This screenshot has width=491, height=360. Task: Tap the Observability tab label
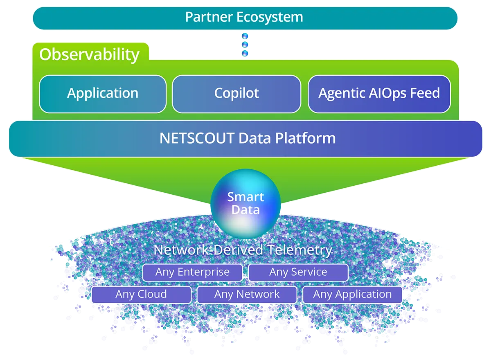point(89,54)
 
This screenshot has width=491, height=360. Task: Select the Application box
point(103,94)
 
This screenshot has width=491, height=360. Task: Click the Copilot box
point(236,94)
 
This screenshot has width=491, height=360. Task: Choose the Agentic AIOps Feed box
point(379,94)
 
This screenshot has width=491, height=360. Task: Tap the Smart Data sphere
point(245,203)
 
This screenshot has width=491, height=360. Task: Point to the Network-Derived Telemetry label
point(243,250)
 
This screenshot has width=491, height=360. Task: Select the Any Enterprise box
point(192,272)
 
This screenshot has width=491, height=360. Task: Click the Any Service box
point(298,272)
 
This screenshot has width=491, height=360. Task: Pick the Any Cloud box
point(141,295)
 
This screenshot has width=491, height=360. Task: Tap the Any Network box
point(247,295)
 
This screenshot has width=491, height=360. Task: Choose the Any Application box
point(352,295)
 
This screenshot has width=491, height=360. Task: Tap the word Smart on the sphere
point(245,197)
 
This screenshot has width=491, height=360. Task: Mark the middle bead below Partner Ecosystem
point(245,45)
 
